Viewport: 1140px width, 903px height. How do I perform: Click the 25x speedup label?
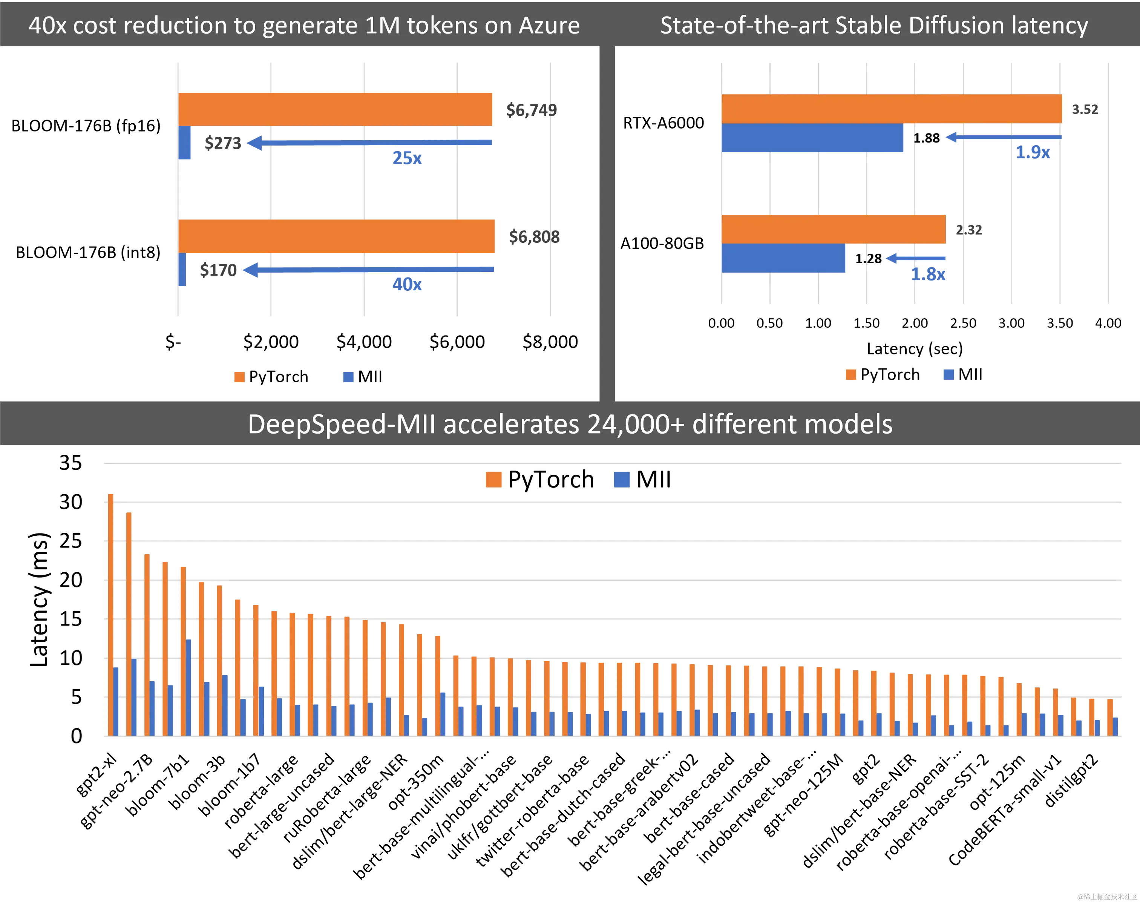click(408, 158)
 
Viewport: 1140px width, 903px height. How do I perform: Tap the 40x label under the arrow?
click(407, 284)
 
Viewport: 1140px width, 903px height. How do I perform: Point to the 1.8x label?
click(929, 274)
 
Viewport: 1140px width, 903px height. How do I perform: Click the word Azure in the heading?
click(549, 25)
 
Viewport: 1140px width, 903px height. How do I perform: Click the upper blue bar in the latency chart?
click(812, 138)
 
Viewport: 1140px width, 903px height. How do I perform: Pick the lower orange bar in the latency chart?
click(834, 229)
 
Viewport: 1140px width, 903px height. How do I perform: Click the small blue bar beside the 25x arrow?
click(185, 143)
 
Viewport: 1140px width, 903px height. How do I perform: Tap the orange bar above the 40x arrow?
click(337, 236)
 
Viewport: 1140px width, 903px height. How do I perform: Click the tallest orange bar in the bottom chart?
click(110, 613)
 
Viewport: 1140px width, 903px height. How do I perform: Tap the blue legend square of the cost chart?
click(348, 376)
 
